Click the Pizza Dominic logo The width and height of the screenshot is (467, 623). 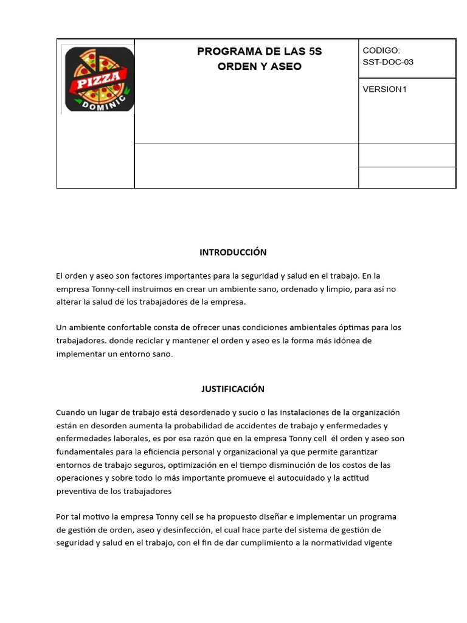click(99, 79)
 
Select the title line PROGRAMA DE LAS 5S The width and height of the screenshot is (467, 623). click(260, 52)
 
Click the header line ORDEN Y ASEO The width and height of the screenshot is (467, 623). click(260, 66)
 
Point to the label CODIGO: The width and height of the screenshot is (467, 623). click(381, 50)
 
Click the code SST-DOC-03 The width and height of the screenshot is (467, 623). click(388, 62)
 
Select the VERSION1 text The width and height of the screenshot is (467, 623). click(384, 89)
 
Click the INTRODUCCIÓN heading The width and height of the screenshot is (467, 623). click(233, 252)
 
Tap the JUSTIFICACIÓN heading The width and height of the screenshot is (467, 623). click(233, 389)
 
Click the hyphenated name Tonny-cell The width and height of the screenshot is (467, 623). click(114, 289)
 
